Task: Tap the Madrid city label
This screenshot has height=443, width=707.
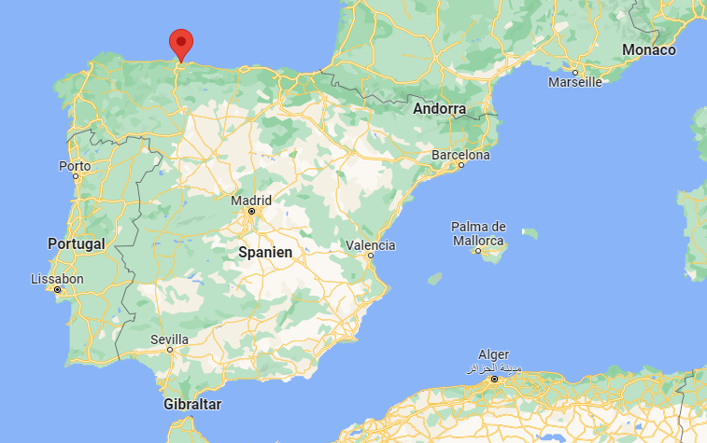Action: (x=252, y=200)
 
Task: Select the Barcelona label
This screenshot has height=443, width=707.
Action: (x=460, y=155)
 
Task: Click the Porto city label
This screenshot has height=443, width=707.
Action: (x=75, y=166)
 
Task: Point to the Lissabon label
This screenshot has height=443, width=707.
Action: (x=57, y=279)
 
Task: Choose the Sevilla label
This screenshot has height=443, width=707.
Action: (x=169, y=339)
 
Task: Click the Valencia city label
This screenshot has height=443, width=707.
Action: (x=371, y=245)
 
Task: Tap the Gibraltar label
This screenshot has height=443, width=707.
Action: (x=192, y=404)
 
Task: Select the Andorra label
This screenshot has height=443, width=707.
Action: (x=439, y=108)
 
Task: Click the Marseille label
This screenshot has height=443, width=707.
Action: (x=574, y=82)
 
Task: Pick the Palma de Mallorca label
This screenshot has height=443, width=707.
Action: (x=478, y=233)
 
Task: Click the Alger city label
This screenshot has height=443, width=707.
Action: (x=494, y=354)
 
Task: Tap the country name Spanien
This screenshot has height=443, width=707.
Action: (x=265, y=252)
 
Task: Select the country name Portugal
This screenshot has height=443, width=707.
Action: (x=77, y=242)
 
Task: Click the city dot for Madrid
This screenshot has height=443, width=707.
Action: (x=251, y=212)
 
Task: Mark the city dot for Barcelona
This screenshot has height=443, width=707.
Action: (x=460, y=166)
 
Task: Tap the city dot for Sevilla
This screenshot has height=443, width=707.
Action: (x=170, y=350)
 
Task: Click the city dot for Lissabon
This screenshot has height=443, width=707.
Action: (x=58, y=290)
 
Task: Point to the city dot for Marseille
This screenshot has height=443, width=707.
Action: (x=575, y=72)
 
